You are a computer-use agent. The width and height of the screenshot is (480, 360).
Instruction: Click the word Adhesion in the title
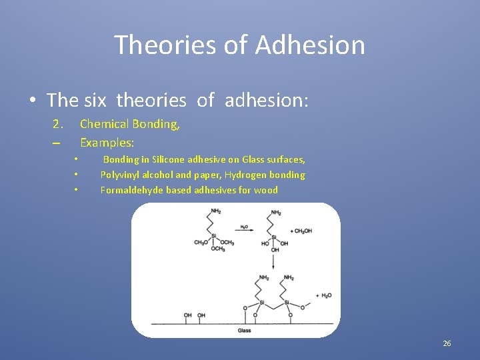310,45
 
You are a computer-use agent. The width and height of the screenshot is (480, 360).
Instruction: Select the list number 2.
58,123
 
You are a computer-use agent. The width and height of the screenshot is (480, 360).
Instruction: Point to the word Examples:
107,142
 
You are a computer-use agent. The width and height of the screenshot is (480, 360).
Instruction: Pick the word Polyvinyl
121,175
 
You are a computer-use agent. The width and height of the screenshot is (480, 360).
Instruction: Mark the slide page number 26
447,343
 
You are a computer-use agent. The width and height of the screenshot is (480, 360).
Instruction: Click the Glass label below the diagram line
244,331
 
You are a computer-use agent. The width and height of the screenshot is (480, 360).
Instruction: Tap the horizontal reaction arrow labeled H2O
244,230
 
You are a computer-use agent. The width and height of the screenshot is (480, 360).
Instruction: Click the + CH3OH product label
301,231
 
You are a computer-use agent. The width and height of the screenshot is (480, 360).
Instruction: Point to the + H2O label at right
323,295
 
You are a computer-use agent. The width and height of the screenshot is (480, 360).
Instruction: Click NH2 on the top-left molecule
215,212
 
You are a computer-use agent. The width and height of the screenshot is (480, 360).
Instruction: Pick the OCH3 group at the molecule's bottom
218,249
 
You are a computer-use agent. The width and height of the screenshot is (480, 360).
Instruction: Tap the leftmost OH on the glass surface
188,315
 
